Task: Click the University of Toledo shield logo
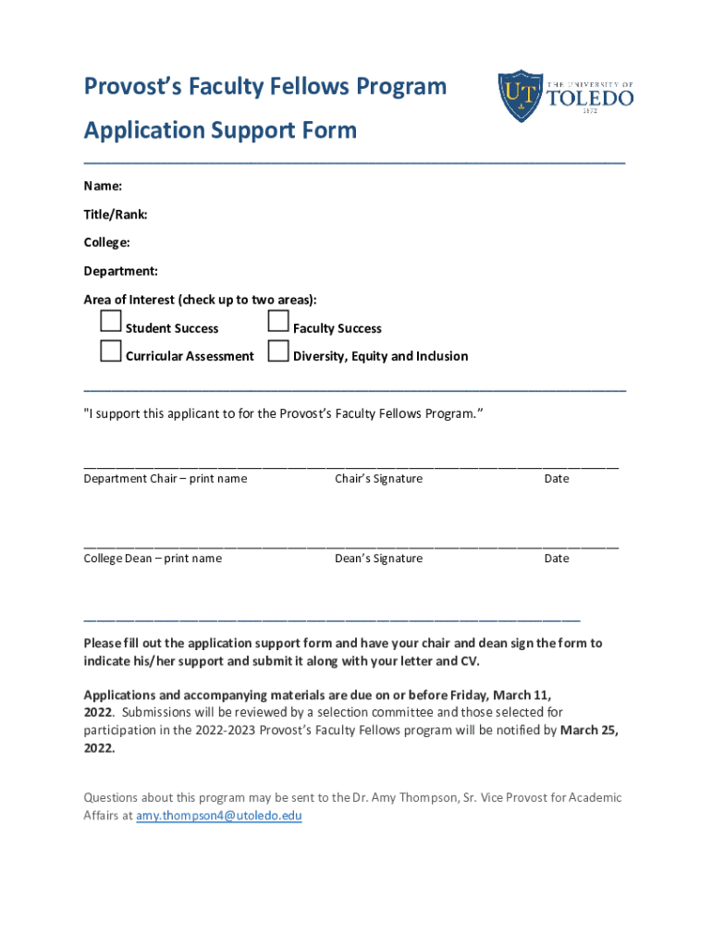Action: click(x=521, y=96)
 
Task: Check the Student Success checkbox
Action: click(x=111, y=322)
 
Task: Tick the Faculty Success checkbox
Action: click(x=278, y=322)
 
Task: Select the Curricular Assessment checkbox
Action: click(x=111, y=351)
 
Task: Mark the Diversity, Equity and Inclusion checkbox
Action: click(x=278, y=351)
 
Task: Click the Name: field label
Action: click(x=103, y=186)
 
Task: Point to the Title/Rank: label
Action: click(x=116, y=215)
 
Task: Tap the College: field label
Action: click(x=106, y=242)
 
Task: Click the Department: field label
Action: click(x=120, y=271)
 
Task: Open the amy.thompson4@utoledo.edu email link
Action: click(x=219, y=816)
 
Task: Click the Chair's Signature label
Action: click(x=378, y=478)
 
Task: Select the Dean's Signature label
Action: click(x=378, y=558)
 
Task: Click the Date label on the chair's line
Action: click(x=557, y=478)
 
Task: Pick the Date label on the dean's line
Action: click(x=557, y=558)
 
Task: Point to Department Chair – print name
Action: click(x=166, y=478)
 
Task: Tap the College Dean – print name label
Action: click(x=153, y=558)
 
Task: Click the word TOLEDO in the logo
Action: click(x=591, y=97)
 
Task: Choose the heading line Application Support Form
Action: click(x=220, y=130)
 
